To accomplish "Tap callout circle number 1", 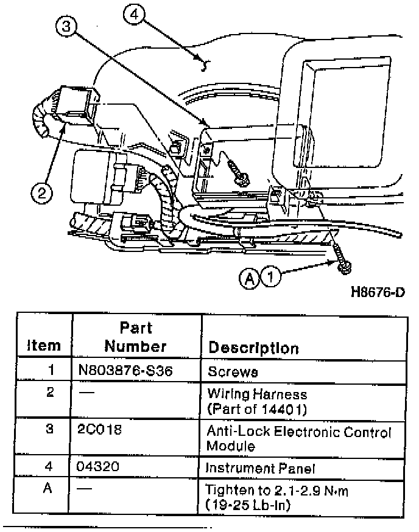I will [x=272, y=278].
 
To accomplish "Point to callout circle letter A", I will [x=250, y=278].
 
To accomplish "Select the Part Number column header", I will [x=135, y=337].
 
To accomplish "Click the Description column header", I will [x=253, y=348].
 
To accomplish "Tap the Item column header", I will [x=44, y=346].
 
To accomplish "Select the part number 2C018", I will [x=100, y=430].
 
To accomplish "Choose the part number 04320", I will [x=100, y=467].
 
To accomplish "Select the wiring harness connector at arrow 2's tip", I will [x=76, y=105].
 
